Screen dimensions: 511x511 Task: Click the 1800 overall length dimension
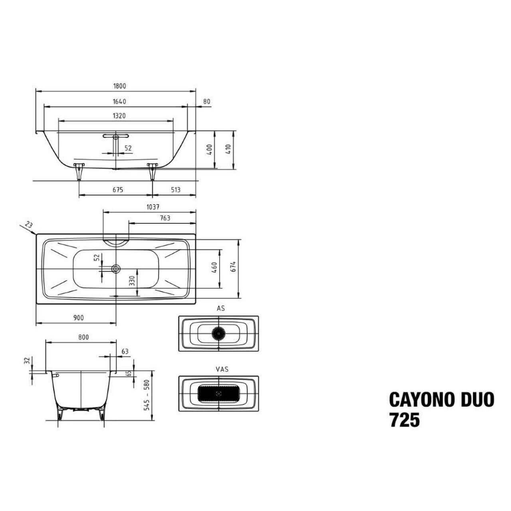point(120,86)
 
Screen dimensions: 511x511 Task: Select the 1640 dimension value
point(119,101)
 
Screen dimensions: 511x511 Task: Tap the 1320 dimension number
point(119,116)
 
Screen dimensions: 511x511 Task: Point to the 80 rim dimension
point(206,101)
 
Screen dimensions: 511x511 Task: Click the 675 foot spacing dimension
point(118,190)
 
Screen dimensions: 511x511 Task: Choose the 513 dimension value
point(176,190)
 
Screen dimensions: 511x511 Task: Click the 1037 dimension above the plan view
point(153,207)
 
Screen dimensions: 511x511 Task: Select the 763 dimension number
point(165,218)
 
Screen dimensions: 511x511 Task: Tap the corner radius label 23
point(29,225)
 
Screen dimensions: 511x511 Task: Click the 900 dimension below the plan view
point(79,318)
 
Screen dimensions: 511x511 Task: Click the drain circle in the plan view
point(116,269)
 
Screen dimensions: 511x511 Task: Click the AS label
point(221,308)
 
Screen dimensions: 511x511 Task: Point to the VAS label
point(222,369)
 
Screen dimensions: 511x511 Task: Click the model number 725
point(405,420)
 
